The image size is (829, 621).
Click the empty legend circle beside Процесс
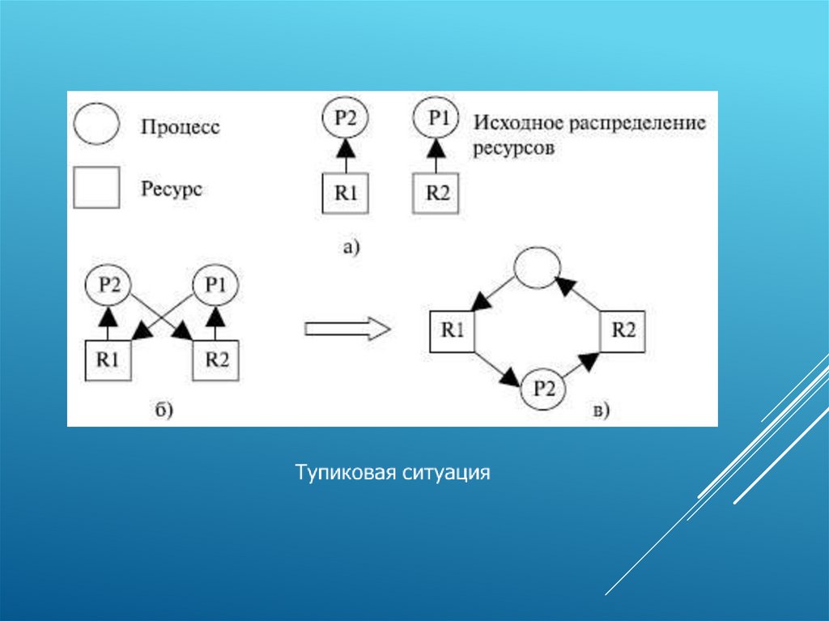tap(97, 125)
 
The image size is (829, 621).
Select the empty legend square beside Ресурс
tap(96, 188)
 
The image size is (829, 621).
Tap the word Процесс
tap(180, 127)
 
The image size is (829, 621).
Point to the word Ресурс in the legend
tap(172, 189)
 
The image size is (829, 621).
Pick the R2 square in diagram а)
tap(436, 194)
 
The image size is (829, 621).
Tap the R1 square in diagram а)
tap(344, 194)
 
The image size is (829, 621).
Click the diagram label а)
tap(350, 248)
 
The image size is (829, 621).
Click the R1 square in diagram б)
tap(108, 359)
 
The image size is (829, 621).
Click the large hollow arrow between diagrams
tap(347, 328)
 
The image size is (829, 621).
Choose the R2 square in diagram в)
tap(623, 330)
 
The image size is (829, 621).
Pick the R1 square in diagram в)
tap(452, 330)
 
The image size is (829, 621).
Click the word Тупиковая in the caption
tap(344, 471)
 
